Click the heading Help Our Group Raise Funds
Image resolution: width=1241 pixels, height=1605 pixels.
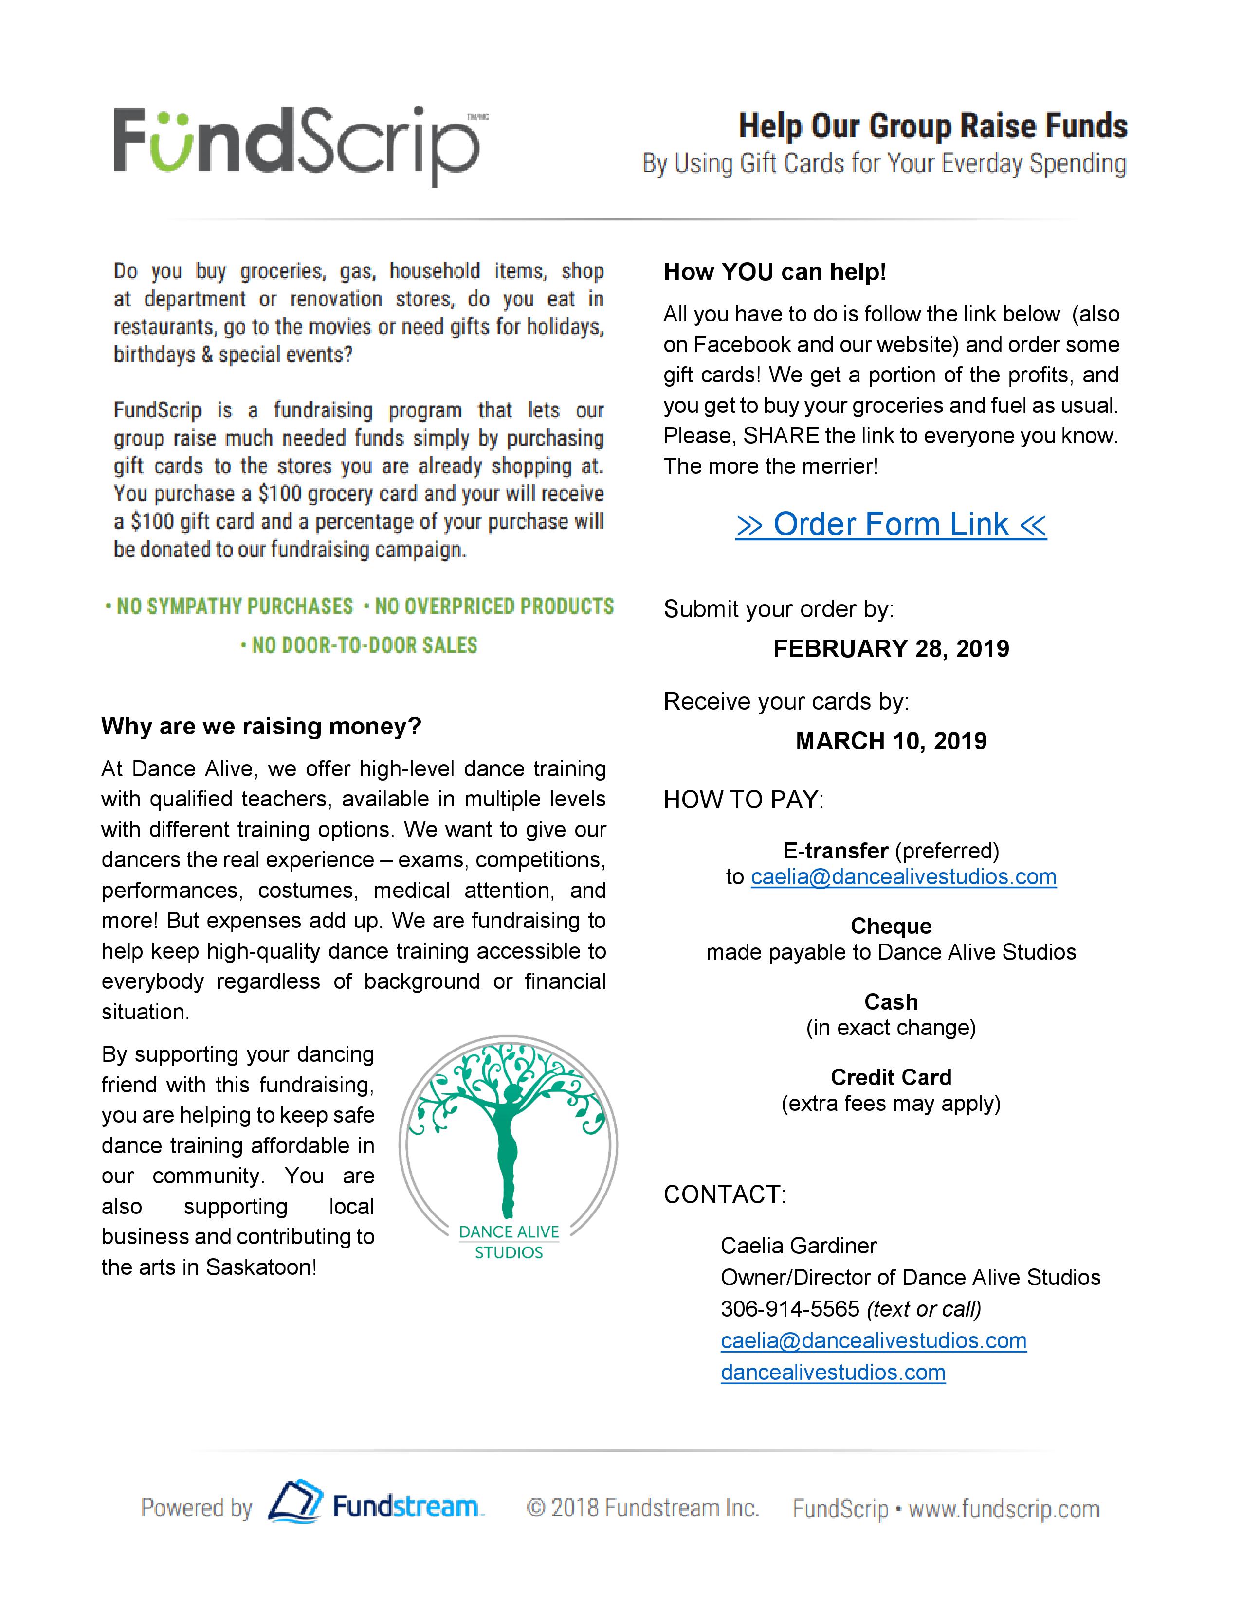point(932,125)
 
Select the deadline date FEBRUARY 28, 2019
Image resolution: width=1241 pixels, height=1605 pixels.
point(891,648)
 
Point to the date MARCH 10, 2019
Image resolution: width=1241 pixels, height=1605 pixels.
point(891,741)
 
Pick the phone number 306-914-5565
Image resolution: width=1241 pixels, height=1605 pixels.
point(789,1309)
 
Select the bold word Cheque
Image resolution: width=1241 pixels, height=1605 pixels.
point(891,926)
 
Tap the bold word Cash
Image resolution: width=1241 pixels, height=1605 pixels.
point(891,1001)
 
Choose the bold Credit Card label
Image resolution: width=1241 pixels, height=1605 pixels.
point(891,1077)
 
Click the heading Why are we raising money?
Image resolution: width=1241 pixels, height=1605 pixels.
point(261,726)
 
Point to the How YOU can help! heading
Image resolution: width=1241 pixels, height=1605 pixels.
point(774,272)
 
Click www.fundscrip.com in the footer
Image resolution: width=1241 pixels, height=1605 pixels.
point(1004,1510)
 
